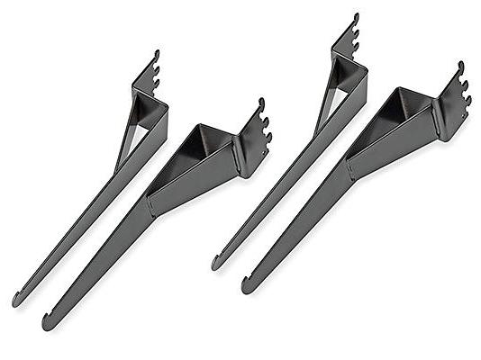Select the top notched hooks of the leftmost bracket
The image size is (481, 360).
[154, 68]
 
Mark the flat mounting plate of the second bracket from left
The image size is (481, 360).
[243, 155]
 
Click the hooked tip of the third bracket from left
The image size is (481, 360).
[217, 263]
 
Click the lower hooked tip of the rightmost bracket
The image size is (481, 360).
[247, 285]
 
